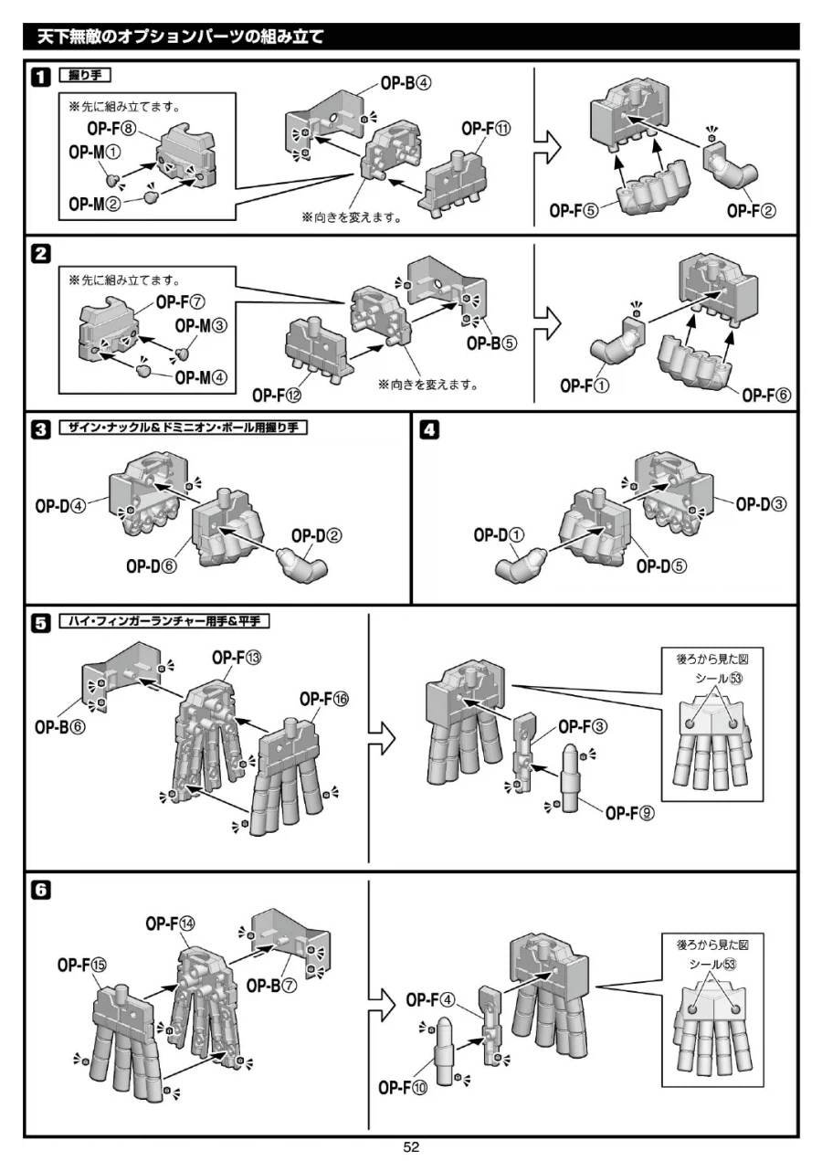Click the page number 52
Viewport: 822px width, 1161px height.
click(x=411, y=1147)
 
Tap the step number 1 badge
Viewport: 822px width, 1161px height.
click(x=41, y=77)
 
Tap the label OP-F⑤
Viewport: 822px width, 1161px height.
click(x=574, y=210)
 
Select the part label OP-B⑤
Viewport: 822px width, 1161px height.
click(x=491, y=343)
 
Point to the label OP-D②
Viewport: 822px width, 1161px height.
click(x=316, y=534)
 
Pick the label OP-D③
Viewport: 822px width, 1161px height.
click(x=762, y=503)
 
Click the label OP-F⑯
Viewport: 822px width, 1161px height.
click(x=324, y=699)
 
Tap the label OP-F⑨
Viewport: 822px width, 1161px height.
click(x=630, y=813)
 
